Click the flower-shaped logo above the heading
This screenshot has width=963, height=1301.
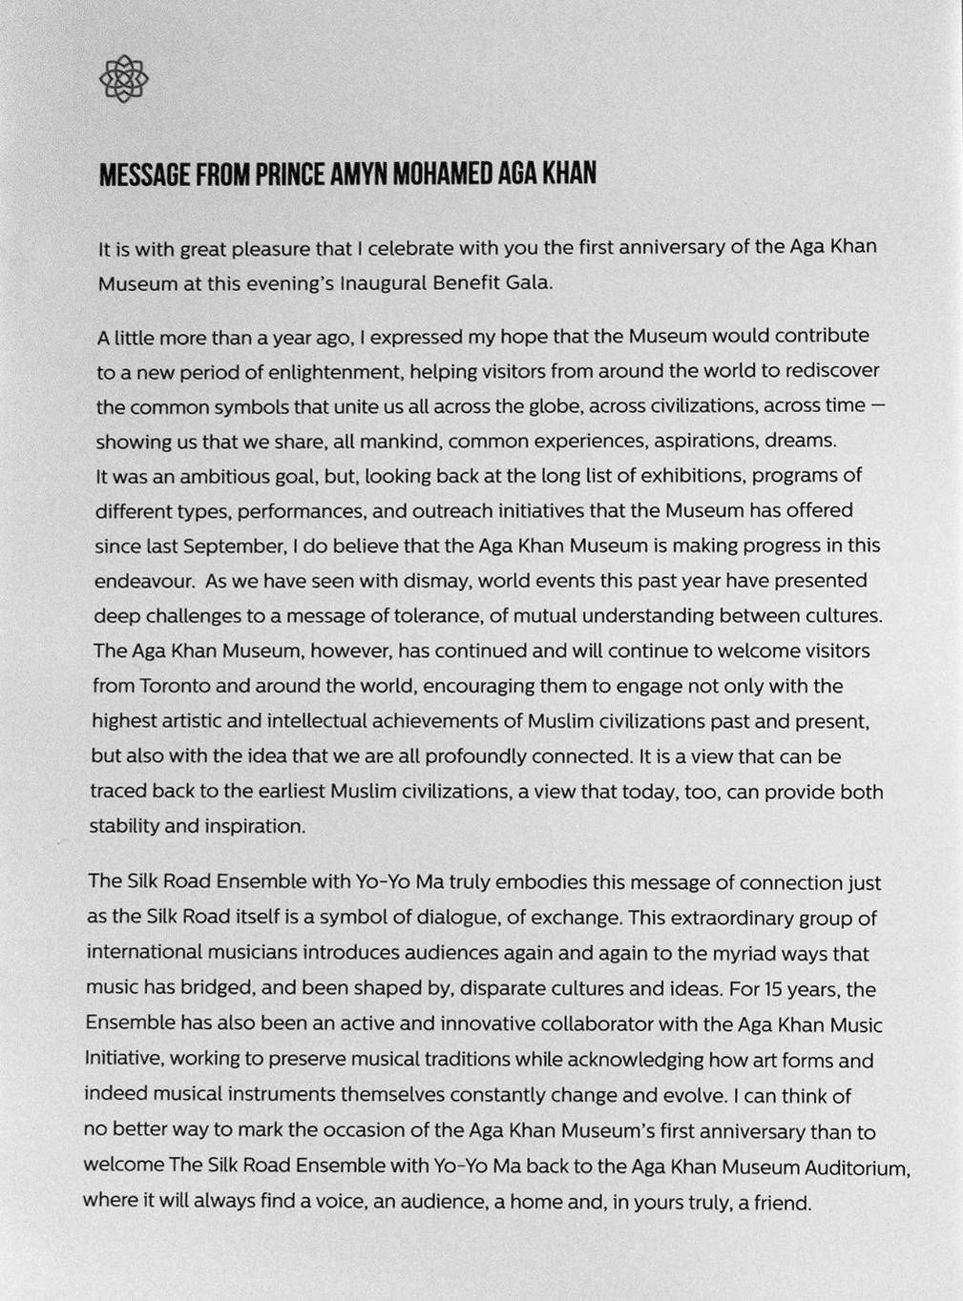point(124,78)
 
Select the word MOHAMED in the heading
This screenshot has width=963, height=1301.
point(443,175)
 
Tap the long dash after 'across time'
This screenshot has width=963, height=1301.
point(878,405)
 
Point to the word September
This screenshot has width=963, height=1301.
point(234,547)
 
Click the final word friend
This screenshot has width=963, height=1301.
point(781,1203)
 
